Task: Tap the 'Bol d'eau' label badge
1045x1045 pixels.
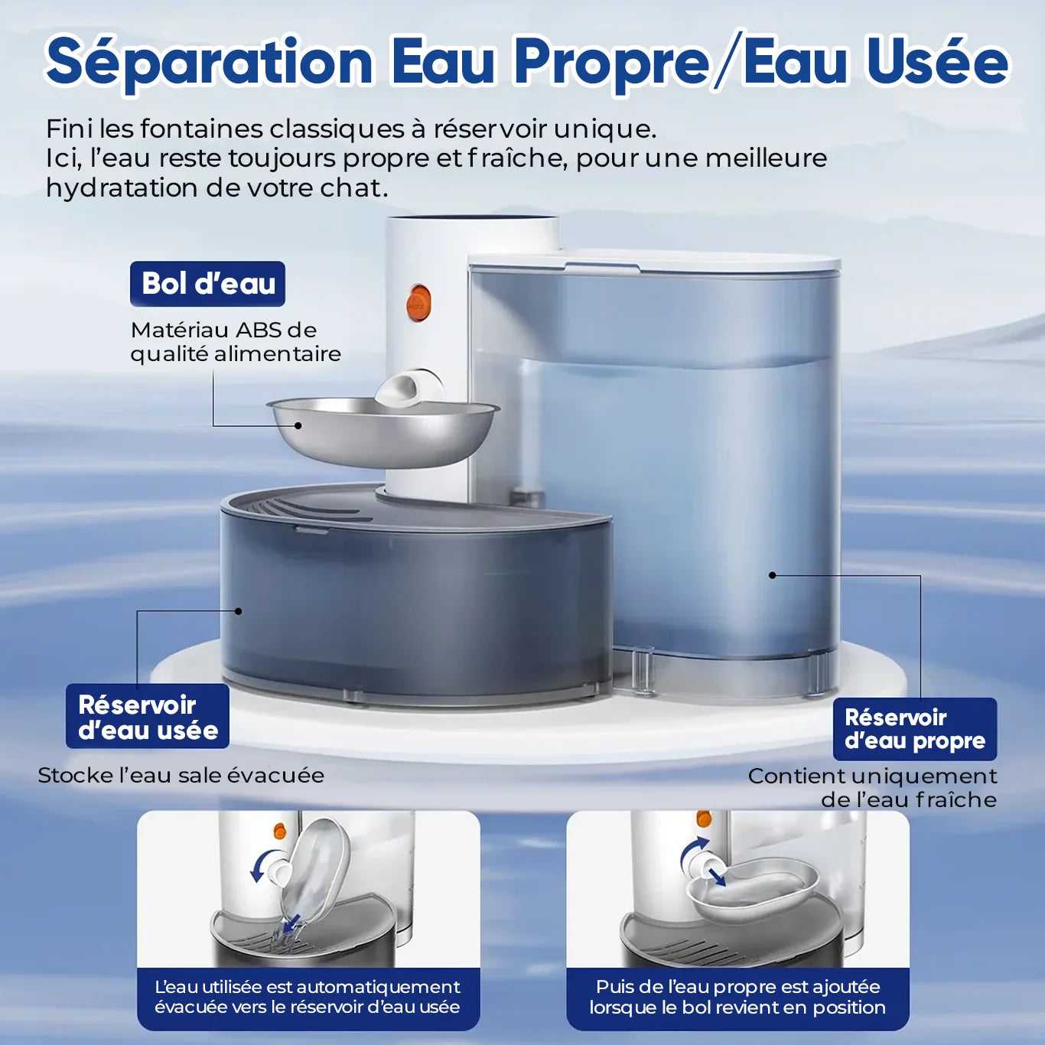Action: click(x=207, y=284)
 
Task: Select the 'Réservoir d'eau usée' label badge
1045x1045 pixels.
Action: click(x=148, y=716)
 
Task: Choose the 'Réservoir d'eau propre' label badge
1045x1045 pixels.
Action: click(x=915, y=729)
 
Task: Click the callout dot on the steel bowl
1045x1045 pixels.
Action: click(x=298, y=425)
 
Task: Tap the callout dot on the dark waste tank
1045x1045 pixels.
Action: click(x=238, y=611)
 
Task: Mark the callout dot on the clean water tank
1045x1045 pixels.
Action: click(x=772, y=575)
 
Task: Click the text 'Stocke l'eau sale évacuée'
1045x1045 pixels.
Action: click(x=181, y=776)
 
